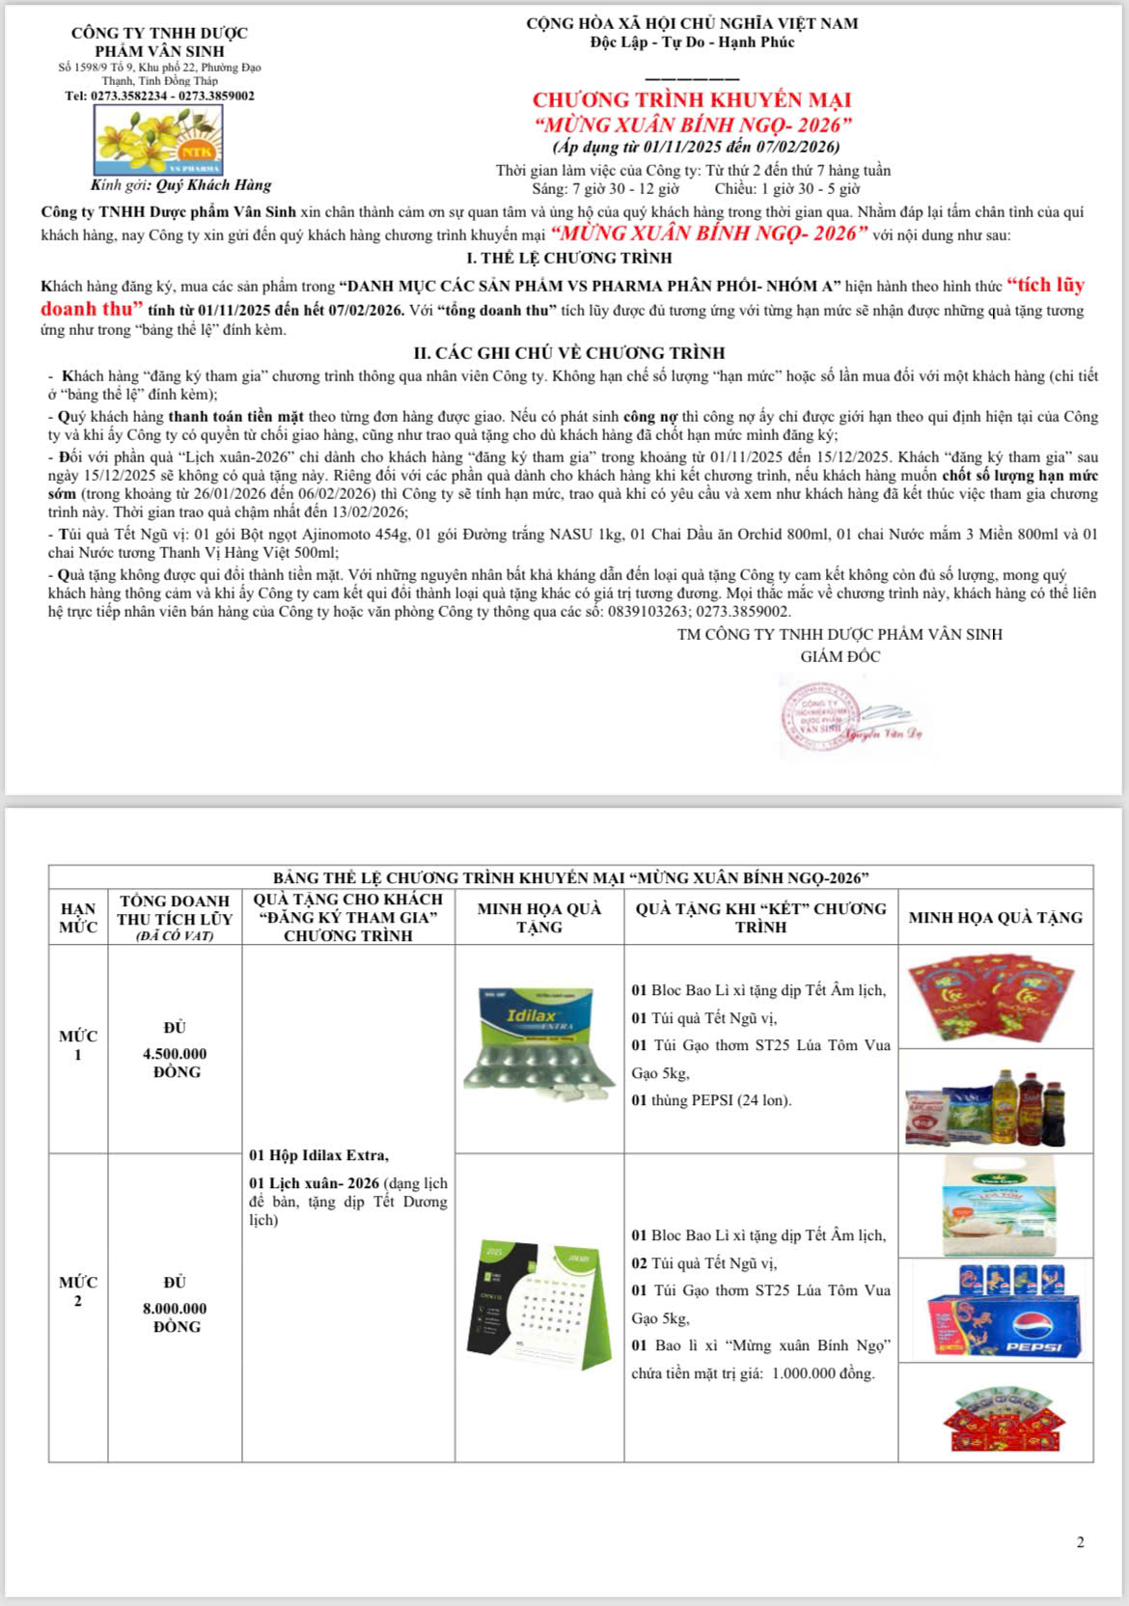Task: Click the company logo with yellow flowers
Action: click(x=158, y=139)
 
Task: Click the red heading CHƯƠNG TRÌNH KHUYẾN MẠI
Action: click(x=691, y=100)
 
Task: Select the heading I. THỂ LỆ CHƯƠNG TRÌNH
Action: click(x=568, y=258)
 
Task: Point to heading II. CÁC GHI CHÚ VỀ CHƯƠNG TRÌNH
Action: click(x=568, y=353)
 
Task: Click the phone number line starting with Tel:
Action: click(x=159, y=96)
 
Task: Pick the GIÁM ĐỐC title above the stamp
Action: click(x=840, y=656)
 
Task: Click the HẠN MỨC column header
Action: click(x=78, y=918)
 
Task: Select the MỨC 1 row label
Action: click(x=78, y=1045)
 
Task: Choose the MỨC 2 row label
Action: click(x=78, y=1291)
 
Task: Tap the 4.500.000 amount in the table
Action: click(x=175, y=1054)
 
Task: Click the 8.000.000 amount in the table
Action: click(x=175, y=1309)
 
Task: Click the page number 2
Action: click(x=1080, y=1542)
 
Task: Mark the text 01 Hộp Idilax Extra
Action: click(x=318, y=1155)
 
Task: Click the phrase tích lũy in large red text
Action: click(x=1045, y=285)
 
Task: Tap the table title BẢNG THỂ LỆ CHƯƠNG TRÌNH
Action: click(x=570, y=877)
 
